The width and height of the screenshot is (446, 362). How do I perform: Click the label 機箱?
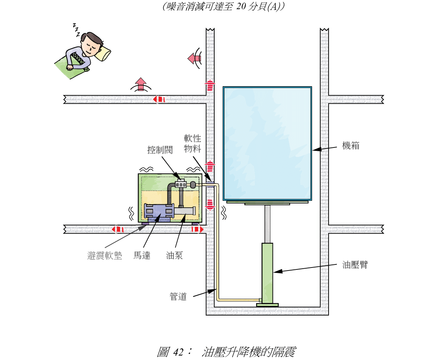point(350,146)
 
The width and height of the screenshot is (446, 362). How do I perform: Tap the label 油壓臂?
point(355,265)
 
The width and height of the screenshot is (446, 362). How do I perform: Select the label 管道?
point(178,296)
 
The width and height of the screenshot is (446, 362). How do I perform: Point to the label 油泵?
point(174,255)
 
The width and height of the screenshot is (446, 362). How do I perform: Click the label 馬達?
point(142,255)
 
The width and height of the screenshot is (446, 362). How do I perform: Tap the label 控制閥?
point(160,150)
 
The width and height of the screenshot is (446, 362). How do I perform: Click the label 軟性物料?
point(193,143)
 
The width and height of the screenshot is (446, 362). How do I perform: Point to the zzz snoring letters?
point(77,30)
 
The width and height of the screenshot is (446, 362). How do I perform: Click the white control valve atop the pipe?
point(181,184)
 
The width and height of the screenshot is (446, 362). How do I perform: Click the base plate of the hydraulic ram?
point(267,305)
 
